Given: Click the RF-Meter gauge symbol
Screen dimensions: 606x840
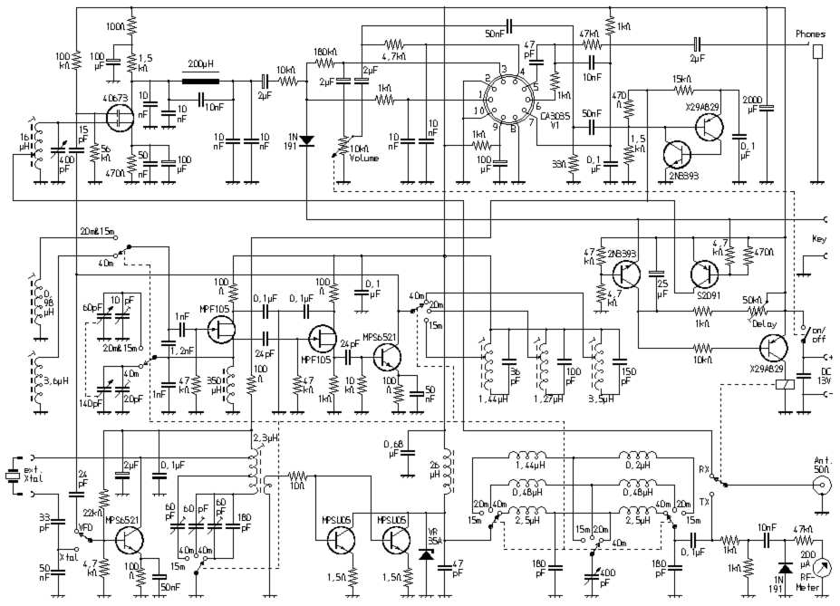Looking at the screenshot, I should tap(821, 567).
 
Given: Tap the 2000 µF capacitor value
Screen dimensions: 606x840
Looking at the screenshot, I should tap(751, 103).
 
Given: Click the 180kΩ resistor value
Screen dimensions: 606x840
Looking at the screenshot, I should tap(325, 52).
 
